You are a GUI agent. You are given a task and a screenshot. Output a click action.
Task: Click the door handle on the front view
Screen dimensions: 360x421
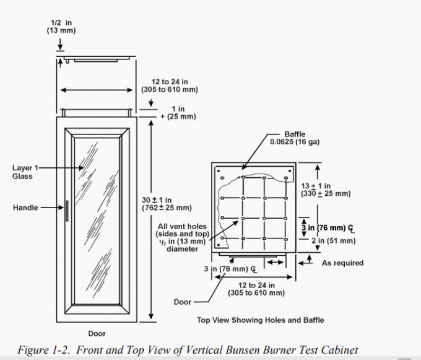[x=66, y=210]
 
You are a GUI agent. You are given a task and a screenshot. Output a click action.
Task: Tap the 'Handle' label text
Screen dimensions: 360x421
[x=25, y=208]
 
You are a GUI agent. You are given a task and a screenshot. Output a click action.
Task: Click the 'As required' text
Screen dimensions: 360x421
[x=342, y=263]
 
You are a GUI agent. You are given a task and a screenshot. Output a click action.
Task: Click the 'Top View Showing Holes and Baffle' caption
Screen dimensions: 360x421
[x=260, y=320]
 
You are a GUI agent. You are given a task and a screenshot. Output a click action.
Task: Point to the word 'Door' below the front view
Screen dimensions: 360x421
[x=97, y=334]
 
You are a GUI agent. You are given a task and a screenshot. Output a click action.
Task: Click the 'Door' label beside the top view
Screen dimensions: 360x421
[x=183, y=302]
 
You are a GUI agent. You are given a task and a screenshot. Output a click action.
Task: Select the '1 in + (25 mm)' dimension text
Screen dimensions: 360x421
[x=177, y=113]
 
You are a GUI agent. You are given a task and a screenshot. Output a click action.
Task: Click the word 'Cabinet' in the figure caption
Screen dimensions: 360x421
[x=337, y=350]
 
